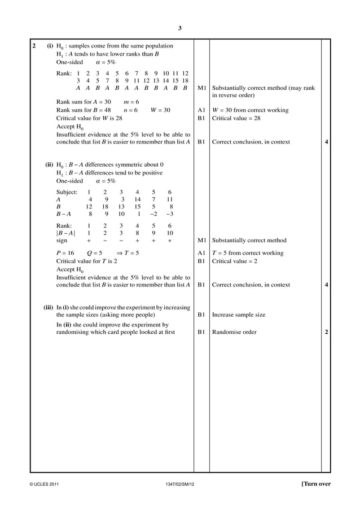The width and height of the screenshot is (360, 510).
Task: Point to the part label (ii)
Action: pos(49,164)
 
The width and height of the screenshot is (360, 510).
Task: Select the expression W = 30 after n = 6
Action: pos(160,110)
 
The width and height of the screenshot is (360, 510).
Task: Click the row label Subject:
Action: pos(67,192)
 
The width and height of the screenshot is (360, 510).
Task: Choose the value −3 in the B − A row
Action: pos(170,214)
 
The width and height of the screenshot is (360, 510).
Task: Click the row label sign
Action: pos(63,240)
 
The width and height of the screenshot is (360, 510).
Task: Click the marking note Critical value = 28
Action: pos(236,119)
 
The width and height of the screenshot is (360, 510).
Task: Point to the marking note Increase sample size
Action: pos(238,315)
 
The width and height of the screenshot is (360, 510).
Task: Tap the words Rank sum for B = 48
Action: pos(83,110)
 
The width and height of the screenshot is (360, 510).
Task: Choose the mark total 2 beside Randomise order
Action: pos(327,332)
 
